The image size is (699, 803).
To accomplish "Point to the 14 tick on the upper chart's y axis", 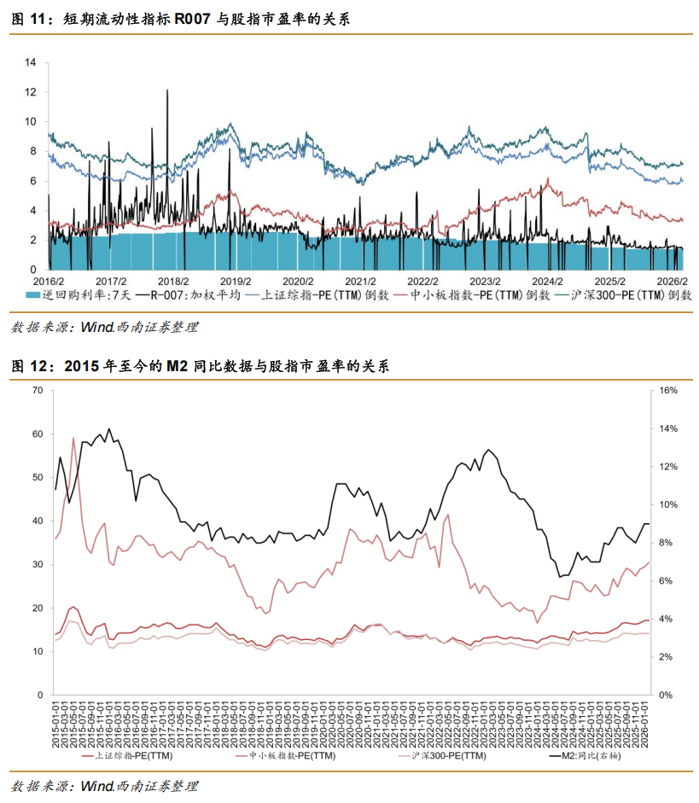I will [31, 62].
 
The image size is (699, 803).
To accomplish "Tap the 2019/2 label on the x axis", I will [236, 281].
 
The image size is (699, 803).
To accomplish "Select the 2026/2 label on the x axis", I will [672, 281].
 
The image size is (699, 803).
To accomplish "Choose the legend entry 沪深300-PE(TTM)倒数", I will [623, 294].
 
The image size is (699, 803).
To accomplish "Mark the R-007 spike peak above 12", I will [167, 90].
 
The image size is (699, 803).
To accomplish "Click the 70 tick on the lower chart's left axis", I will [37, 390].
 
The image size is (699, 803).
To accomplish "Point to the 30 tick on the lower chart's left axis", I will [37, 564].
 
